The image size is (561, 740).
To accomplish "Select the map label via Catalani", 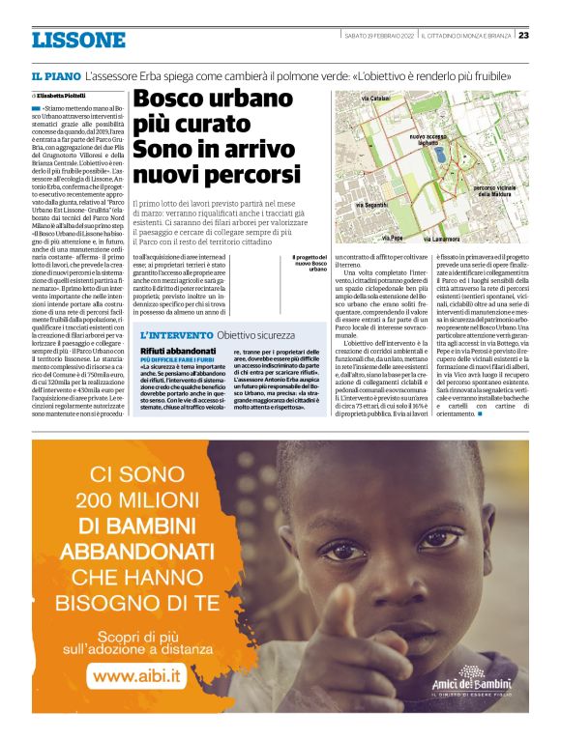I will (374, 100).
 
